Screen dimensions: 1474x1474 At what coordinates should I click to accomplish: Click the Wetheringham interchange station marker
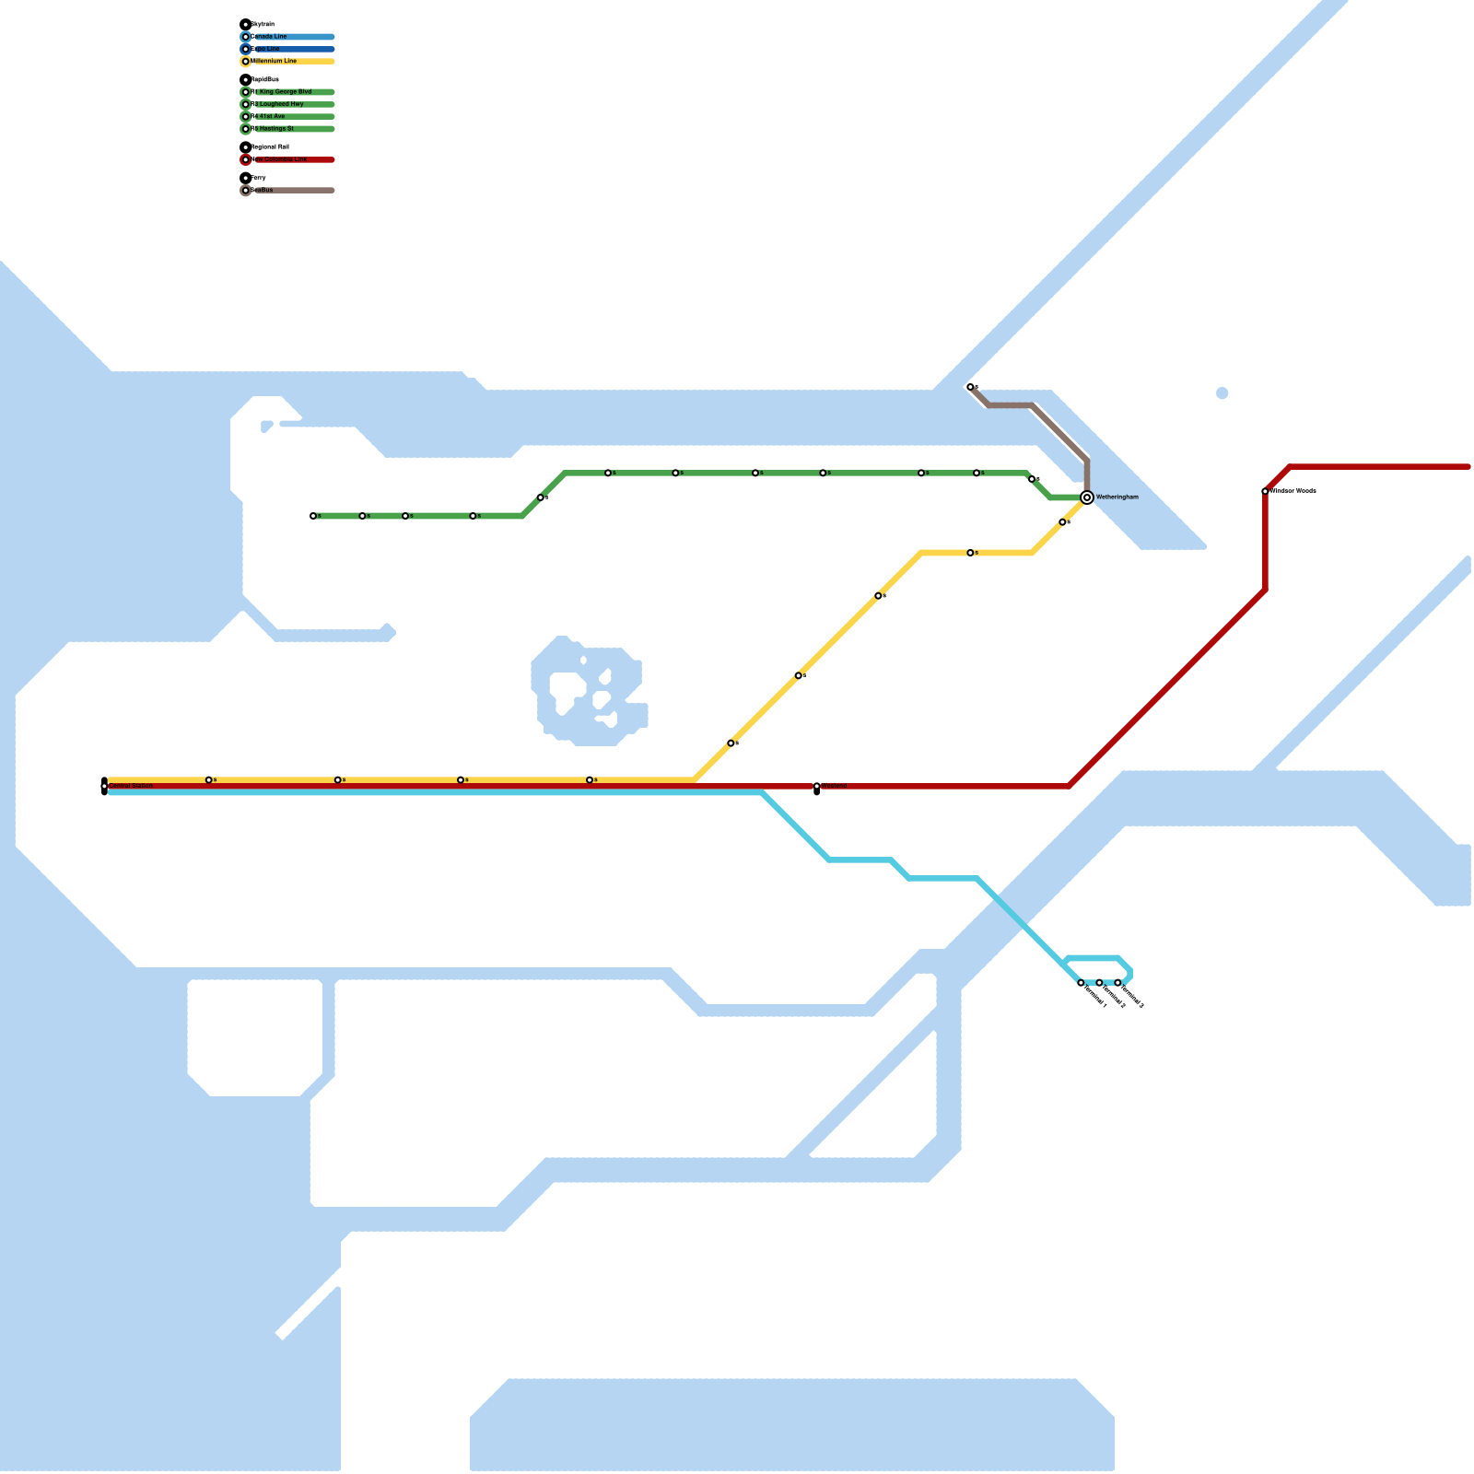(x=1087, y=497)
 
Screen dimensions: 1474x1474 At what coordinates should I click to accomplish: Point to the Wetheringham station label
(x=1117, y=497)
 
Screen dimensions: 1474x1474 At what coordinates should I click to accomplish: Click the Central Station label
(x=131, y=786)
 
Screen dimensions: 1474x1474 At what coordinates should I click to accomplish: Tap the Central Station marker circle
(x=105, y=786)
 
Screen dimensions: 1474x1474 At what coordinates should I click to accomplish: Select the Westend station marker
(x=817, y=787)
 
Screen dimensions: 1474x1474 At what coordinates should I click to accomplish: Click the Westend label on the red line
(x=834, y=786)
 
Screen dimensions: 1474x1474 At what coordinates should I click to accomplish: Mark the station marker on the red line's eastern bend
(x=1265, y=491)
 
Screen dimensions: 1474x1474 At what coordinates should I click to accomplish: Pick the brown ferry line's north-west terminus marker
(x=970, y=387)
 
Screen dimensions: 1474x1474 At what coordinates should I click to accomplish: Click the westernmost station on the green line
(x=313, y=516)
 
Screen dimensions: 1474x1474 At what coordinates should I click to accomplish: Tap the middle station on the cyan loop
(x=1099, y=983)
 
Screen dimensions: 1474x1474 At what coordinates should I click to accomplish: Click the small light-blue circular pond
(x=1222, y=393)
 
